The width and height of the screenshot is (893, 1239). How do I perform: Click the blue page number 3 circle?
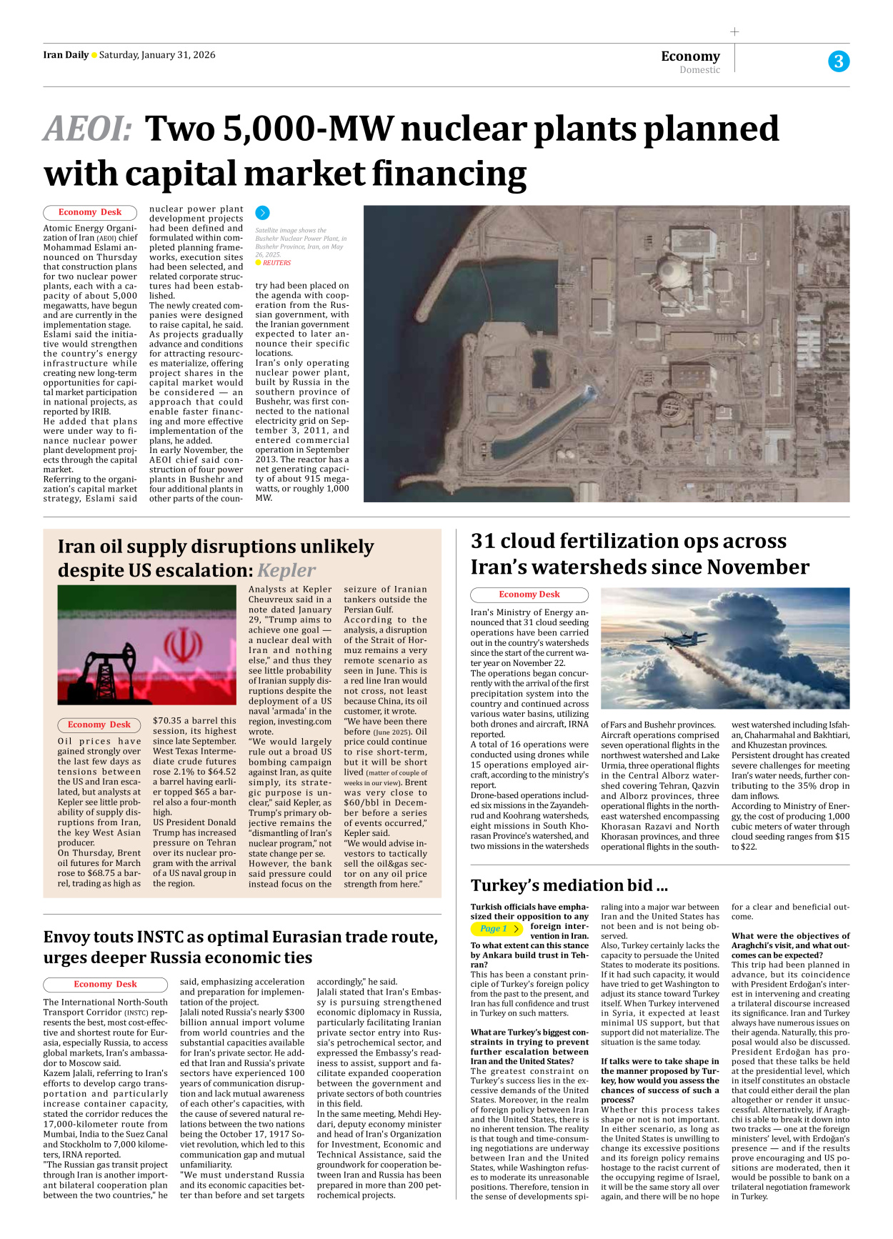839,61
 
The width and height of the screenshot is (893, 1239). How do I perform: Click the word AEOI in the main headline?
87,129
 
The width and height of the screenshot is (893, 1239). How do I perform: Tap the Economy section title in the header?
690,56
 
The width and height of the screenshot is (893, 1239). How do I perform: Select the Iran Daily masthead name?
66,55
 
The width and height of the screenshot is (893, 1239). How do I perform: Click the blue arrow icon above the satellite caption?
262,212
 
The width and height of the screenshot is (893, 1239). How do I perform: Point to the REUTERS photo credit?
276,263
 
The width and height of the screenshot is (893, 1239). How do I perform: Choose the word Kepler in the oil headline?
286,570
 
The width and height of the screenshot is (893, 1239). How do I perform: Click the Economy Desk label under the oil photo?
99,725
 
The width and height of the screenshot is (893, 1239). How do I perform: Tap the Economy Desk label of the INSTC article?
106,984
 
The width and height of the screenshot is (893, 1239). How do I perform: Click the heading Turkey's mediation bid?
569,885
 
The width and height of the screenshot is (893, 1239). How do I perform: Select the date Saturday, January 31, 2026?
157,55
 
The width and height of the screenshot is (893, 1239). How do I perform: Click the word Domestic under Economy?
699,70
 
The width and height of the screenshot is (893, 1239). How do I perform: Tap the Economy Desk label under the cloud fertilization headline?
529,594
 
